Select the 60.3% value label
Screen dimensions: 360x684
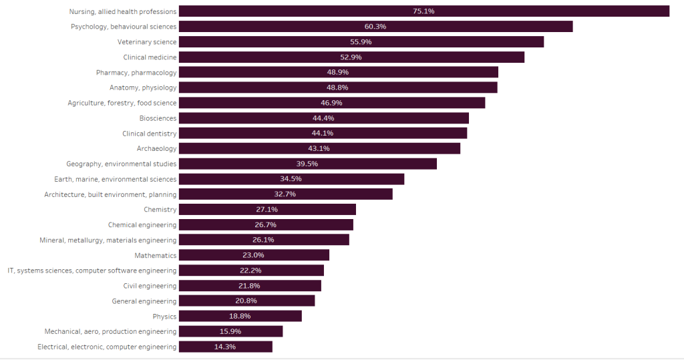point(375,27)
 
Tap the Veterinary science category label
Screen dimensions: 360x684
point(147,42)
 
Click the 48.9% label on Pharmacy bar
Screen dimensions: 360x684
point(337,72)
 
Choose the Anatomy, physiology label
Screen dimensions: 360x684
point(143,87)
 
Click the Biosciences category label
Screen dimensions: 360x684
point(158,118)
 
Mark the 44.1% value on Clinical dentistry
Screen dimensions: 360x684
point(323,133)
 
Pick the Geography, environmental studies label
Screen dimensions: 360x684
point(122,164)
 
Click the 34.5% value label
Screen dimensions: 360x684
point(291,179)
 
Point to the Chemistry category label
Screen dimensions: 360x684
point(160,210)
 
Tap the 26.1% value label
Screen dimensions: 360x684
point(264,240)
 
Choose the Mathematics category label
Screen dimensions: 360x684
point(156,255)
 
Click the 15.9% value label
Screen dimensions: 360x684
point(230,331)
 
